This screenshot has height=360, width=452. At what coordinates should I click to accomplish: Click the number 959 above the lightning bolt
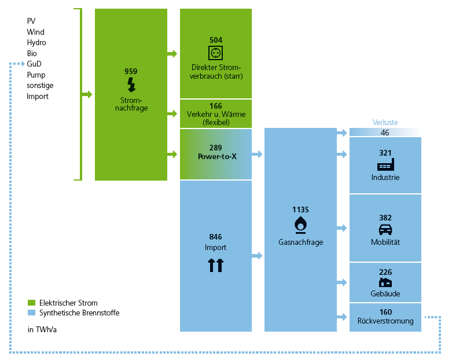pos(131,71)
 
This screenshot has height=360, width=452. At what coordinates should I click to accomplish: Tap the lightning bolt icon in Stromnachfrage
pos(131,85)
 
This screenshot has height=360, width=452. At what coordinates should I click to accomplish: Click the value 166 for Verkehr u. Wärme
pos(216,106)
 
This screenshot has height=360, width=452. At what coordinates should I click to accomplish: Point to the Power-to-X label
pos(216,157)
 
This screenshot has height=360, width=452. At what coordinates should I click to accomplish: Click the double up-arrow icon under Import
pos(216,265)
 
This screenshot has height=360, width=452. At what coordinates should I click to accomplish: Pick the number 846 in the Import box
pos(216,237)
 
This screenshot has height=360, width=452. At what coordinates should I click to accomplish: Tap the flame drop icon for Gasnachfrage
pos(300,224)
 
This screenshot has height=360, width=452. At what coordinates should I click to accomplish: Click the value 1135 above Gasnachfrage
pos(300,209)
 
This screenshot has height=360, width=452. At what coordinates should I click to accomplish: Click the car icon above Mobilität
pos(385,229)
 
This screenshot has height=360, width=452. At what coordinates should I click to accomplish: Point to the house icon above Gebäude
pos(385,282)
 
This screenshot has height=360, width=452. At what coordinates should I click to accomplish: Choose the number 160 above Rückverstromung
pos(385,313)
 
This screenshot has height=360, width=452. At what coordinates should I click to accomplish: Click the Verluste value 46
pos(385,133)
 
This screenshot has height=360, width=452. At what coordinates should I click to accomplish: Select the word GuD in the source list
pos(34,64)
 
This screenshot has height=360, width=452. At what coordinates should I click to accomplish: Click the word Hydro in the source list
pos(36,42)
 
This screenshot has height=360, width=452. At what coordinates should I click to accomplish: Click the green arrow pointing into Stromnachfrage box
pos(87,94)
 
